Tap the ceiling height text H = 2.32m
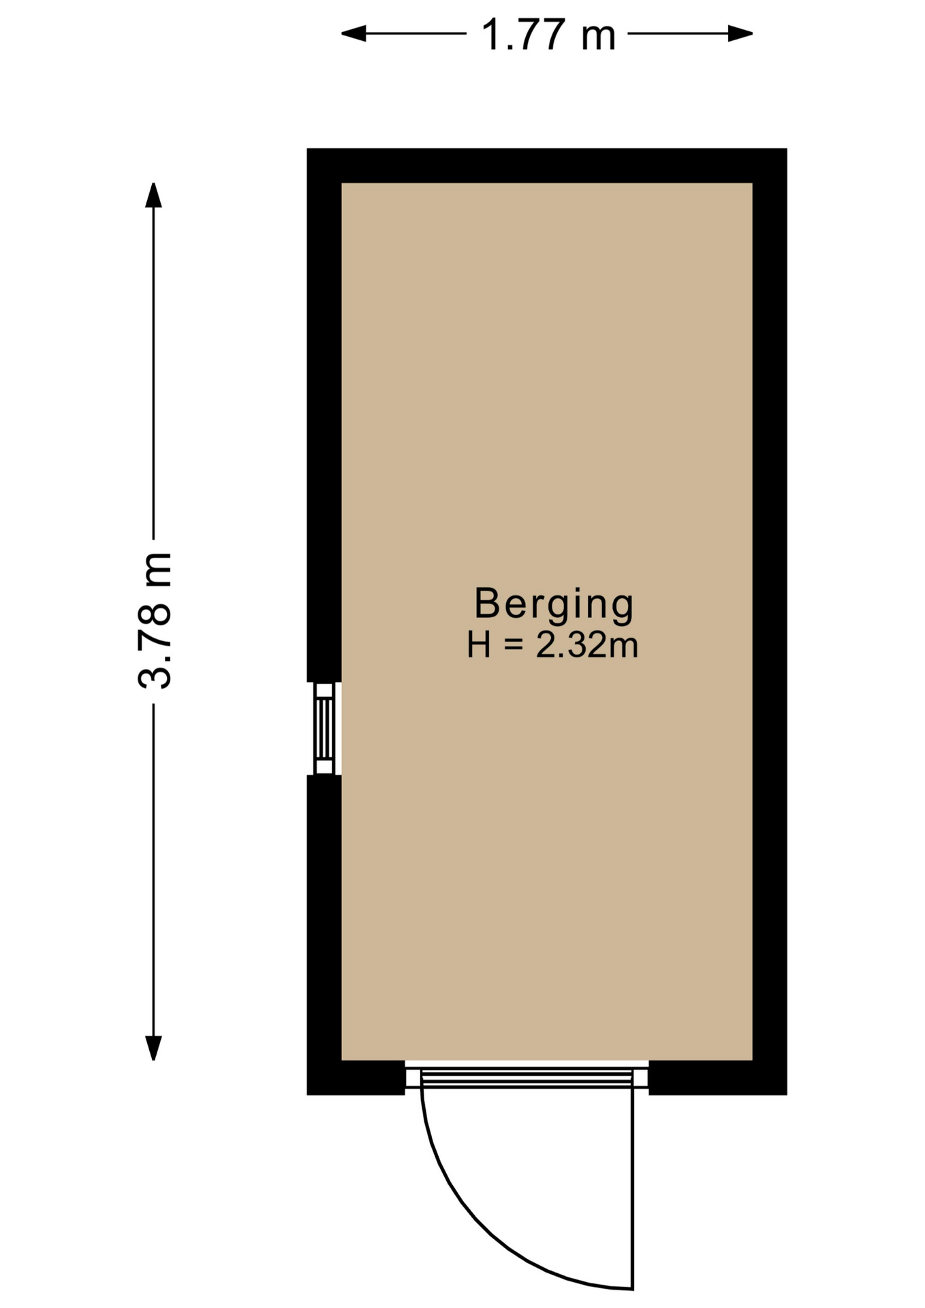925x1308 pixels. click(x=552, y=644)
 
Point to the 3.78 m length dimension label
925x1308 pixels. click(x=155, y=621)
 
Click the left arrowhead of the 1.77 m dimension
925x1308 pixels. click(x=354, y=33)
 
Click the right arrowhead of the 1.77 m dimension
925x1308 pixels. click(x=740, y=33)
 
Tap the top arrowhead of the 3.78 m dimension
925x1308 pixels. click(x=153, y=195)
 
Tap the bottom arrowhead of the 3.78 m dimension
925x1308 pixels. click(x=153, y=1048)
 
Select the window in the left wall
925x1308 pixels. click(x=325, y=728)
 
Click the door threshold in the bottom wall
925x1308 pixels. click(x=527, y=1077)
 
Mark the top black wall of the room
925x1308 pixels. click(x=547, y=166)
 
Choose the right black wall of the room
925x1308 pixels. click(x=770, y=621)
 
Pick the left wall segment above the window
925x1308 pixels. click(x=324, y=415)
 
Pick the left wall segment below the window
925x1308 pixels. click(x=324, y=935)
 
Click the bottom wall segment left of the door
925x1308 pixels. click(x=356, y=1078)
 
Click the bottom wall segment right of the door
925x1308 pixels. click(x=718, y=1078)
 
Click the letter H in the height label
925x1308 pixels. click(x=479, y=645)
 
